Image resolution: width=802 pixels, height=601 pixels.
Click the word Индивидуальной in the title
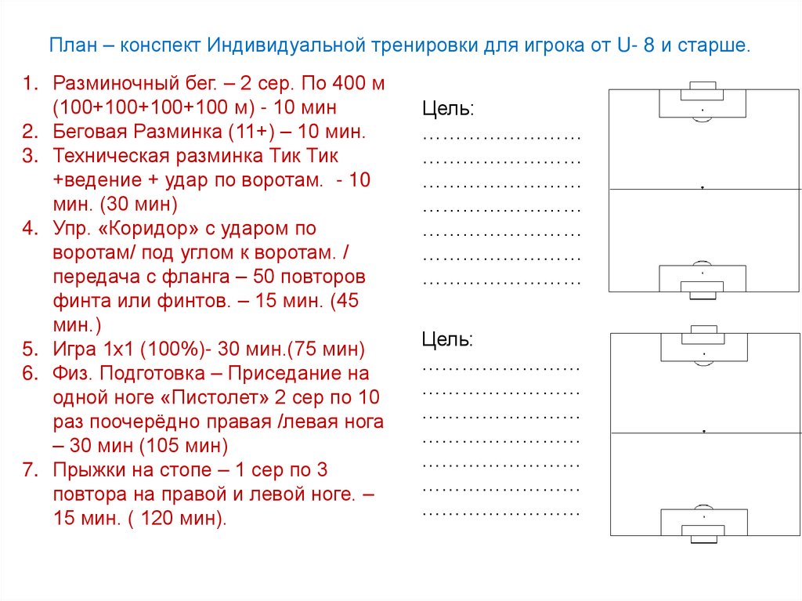click(287, 45)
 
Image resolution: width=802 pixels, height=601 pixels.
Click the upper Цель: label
click(448, 108)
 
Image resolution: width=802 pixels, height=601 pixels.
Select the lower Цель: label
click(448, 339)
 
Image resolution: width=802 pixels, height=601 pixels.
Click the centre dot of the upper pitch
click(703, 188)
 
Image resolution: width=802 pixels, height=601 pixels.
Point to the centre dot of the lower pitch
click(705, 432)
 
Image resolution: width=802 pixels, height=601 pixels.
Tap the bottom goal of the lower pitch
click(703, 530)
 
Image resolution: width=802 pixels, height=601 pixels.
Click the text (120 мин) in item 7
click(176, 519)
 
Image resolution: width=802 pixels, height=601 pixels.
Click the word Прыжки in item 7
click(85, 470)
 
